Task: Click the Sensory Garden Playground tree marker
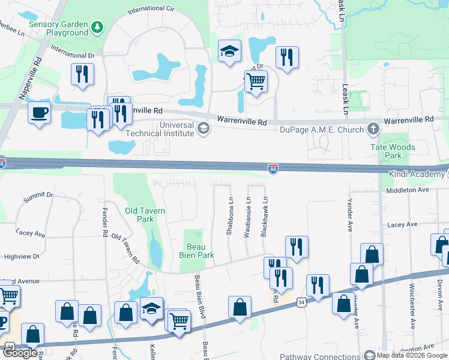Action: (x=97, y=28)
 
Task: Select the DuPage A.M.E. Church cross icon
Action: (x=373, y=128)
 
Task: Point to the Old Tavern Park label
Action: (x=145, y=215)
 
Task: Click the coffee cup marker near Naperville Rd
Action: (x=40, y=112)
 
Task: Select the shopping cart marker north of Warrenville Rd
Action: (x=256, y=80)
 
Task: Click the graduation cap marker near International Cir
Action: (x=228, y=52)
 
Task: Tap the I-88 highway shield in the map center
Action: (x=273, y=169)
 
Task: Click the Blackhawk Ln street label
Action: (x=264, y=217)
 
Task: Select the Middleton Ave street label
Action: (x=408, y=190)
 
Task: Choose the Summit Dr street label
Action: (x=38, y=196)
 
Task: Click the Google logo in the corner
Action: (x=20, y=353)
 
